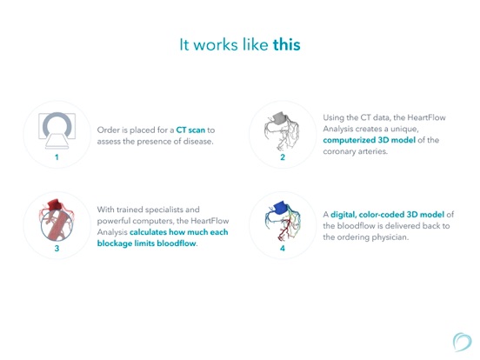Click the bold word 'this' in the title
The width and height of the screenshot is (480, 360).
point(285,43)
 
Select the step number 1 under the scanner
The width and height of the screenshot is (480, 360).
point(57,157)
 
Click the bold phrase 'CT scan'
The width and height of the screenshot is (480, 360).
point(190,130)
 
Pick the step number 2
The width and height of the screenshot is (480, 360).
point(283,157)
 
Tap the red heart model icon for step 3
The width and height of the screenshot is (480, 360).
point(57,222)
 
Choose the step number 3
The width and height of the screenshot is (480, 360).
point(57,249)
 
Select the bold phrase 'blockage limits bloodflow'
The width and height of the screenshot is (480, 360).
point(147,243)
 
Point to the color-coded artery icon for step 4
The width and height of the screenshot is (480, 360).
point(283,222)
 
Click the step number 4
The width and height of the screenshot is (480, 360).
point(283,249)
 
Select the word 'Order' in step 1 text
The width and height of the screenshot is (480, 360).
point(111,130)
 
